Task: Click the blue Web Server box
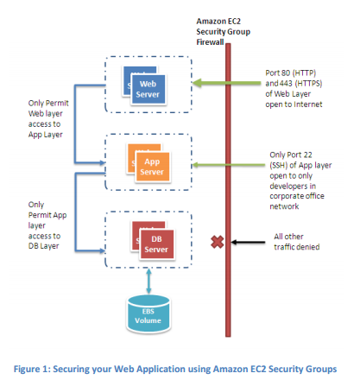[x=148, y=89]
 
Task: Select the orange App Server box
[x=153, y=167]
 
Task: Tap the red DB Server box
[x=157, y=244]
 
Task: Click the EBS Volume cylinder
[x=148, y=313]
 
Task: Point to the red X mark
[x=218, y=242]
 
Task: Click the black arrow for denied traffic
[x=248, y=243]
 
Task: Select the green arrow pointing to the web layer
[x=226, y=83]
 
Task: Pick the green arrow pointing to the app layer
[x=229, y=165]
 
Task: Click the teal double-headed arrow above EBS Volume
[x=148, y=281]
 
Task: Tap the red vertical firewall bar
[x=228, y=190]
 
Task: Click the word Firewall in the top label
[x=210, y=42]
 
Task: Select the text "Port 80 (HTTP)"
[x=291, y=73]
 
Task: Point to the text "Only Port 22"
[x=291, y=155]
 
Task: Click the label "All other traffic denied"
[x=297, y=242]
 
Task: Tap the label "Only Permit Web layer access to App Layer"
[x=48, y=118]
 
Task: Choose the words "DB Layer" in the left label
[x=43, y=246]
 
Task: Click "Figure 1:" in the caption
[x=32, y=369]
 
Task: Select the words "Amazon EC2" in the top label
[x=218, y=22]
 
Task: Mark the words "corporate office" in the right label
[x=297, y=196]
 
